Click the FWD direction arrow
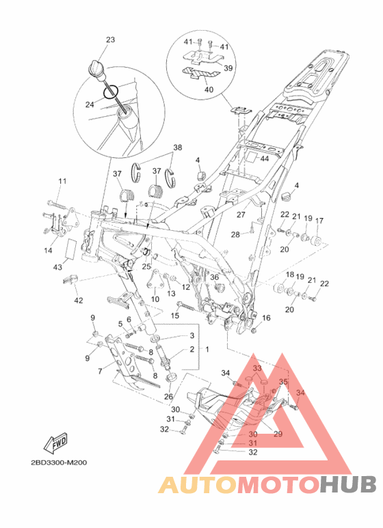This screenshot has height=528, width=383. pyautogui.click(x=55, y=443)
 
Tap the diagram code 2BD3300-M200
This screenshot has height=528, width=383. pyautogui.click(x=59, y=462)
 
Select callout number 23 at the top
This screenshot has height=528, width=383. pyautogui.click(x=110, y=40)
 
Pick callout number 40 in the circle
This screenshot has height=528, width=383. pyautogui.click(x=209, y=89)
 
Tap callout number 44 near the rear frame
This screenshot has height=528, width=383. pyautogui.click(x=265, y=158)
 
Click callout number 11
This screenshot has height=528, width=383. pyautogui.click(x=62, y=181)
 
